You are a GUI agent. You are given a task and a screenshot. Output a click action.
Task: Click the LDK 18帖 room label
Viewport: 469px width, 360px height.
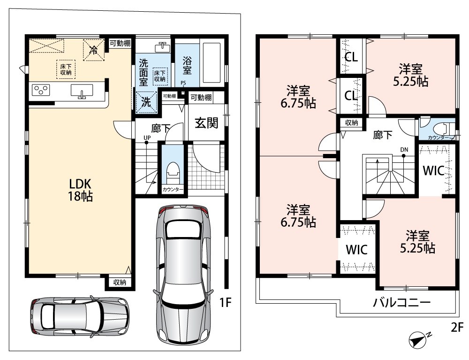pyautogui.click(x=80, y=190)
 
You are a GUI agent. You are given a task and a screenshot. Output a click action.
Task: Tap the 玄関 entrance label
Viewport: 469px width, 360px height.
pyautogui.click(x=206, y=123)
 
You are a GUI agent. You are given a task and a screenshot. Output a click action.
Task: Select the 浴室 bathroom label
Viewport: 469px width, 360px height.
pyautogui.click(x=187, y=65)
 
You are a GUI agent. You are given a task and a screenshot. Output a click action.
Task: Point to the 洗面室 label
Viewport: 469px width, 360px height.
pyautogui.click(x=144, y=72)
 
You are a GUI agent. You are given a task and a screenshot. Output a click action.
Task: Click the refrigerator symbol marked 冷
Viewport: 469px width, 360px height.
pyautogui.click(x=94, y=50)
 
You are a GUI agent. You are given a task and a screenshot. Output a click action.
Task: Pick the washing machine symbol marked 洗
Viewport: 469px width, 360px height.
pyautogui.click(x=146, y=102)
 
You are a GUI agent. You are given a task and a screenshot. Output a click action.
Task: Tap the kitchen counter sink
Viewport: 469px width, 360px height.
pyautogui.click(x=82, y=91)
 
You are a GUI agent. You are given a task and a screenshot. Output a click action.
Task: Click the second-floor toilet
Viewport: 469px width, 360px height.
pyautogui.click(x=443, y=128)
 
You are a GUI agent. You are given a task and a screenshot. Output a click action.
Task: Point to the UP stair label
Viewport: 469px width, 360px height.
pyautogui.click(x=147, y=138)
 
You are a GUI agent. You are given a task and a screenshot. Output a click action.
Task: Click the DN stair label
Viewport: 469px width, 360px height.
pyautogui.click(x=404, y=150)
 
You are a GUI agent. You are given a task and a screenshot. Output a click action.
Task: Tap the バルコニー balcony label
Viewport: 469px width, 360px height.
pyautogui.click(x=402, y=303)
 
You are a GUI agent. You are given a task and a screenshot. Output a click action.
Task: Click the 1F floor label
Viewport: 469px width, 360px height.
pyautogui.click(x=226, y=303)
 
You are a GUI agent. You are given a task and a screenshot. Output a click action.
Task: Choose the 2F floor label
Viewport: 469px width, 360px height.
pyautogui.click(x=457, y=328)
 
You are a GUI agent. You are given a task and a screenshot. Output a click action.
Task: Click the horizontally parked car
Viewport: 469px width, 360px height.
pyautogui.click(x=80, y=316)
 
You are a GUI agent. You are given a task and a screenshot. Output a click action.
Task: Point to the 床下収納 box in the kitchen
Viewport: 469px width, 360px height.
pyautogui.click(x=66, y=69)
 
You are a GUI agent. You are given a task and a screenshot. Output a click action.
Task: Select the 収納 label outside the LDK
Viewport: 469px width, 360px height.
pyautogui.click(x=120, y=282)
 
